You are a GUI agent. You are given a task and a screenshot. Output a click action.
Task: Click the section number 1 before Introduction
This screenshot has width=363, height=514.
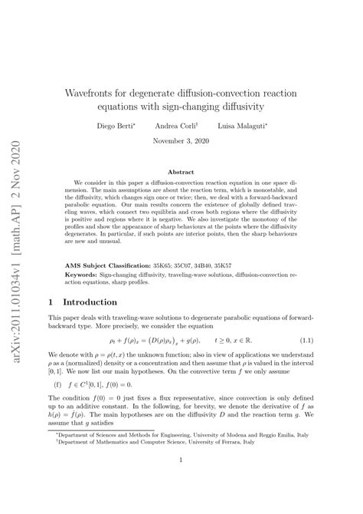coord(51,281)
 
